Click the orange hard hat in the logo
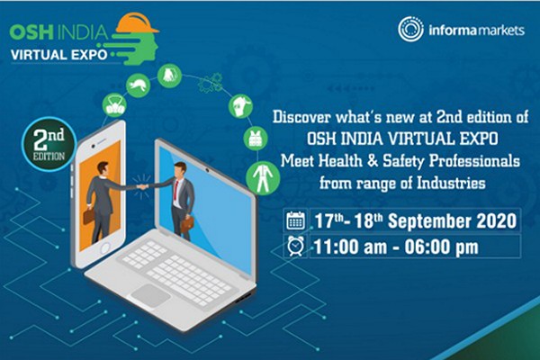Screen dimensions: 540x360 click(137, 23)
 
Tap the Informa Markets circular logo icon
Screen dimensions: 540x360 click(410, 30)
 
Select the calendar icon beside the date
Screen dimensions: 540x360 click(295, 220)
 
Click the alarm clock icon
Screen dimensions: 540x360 click(295, 247)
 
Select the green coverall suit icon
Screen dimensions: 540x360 click(263, 178)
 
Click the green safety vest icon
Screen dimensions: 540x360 click(256, 139)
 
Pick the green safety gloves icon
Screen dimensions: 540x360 click(169, 76)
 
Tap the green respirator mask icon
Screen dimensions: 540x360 click(114, 105)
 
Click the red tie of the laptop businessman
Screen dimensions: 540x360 click(176, 190)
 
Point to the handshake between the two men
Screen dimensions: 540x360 click(142, 187)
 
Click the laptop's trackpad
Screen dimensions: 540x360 click(150, 295)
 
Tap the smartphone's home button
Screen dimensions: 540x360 click(104, 248)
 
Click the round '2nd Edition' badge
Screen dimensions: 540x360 click(49, 144)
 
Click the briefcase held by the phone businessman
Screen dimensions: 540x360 click(89, 216)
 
